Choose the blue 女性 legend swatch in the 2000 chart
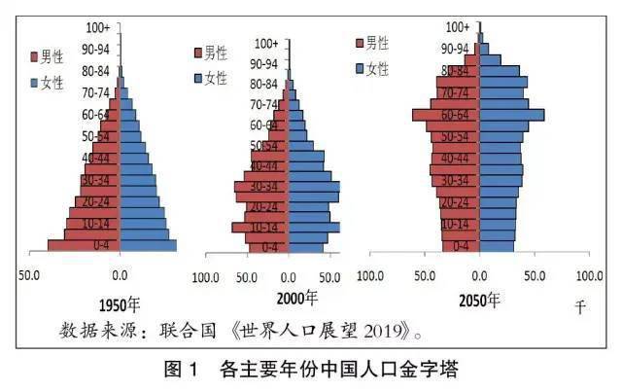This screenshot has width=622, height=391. coord(198,77)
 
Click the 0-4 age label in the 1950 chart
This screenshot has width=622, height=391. coord(96,244)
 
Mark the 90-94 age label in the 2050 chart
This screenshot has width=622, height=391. coord(455,48)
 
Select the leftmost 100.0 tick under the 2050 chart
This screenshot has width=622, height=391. coord(370,276)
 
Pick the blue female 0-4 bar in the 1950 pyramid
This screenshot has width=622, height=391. coord(148,245)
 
